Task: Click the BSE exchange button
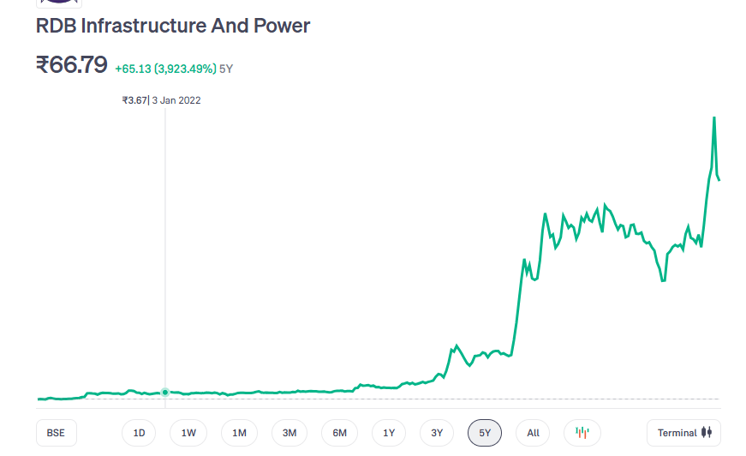pos(56,433)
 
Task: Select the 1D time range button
pos(139,433)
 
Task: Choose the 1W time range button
pos(188,433)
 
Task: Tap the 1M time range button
pos(239,433)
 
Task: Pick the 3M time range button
pos(289,433)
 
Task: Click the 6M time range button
pos(340,433)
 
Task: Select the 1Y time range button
pos(389,433)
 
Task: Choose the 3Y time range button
pos(437,433)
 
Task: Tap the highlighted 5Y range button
pos(485,433)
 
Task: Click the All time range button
pos(533,433)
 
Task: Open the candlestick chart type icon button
pos(582,433)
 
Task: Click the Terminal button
pos(683,433)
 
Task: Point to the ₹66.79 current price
pos(71,65)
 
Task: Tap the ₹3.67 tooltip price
pos(134,100)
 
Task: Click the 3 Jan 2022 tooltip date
pos(176,100)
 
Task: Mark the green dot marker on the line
pos(165,393)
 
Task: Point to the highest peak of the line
pos(714,117)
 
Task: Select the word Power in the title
pos(282,26)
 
